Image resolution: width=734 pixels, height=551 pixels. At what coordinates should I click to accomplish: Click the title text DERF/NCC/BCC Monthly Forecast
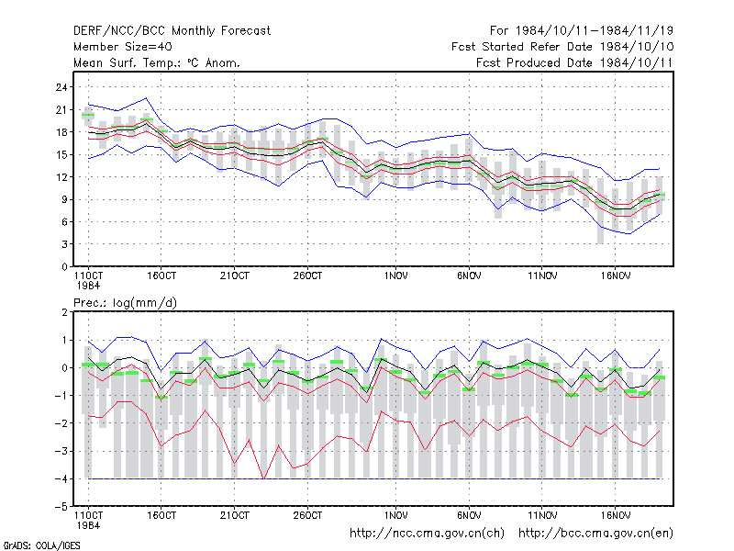click(172, 31)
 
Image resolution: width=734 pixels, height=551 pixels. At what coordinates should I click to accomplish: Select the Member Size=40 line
click(123, 47)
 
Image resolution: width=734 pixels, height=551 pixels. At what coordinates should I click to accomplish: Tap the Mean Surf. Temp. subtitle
click(157, 62)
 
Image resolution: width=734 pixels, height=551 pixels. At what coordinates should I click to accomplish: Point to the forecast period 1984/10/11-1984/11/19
click(582, 31)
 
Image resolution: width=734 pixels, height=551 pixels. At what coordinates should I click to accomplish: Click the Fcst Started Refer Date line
click(562, 47)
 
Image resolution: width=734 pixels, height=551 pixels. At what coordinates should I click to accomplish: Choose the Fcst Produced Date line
click(574, 62)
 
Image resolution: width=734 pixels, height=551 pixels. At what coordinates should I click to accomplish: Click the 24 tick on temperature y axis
click(61, 87)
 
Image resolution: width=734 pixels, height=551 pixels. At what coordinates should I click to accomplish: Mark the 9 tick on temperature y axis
click(64, 199)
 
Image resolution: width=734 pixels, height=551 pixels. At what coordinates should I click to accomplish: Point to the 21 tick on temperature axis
click(61, 109)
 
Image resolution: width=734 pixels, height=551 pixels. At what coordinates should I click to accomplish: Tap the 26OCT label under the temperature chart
click(307, 276)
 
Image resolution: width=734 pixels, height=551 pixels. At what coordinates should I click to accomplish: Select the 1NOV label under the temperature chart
click(395, 276)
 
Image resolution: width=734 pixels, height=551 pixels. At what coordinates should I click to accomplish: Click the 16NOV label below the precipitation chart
click(615, 515)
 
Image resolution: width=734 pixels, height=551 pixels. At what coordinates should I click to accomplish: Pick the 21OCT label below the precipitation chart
click(235, 515)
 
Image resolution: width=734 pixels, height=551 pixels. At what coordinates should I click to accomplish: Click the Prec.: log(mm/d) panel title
click(125, 303)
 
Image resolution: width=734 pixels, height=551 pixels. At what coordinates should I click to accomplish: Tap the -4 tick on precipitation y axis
click(61, 478)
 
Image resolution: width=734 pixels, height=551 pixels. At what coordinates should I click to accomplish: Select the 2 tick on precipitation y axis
click(64, 312)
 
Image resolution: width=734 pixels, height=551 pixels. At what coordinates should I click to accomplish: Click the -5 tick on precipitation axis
click(61, 507)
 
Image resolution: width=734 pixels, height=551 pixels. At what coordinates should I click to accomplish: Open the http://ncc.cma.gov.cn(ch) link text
click(427, 534)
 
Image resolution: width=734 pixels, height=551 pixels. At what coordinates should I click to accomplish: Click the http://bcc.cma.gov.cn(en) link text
click(595, 534)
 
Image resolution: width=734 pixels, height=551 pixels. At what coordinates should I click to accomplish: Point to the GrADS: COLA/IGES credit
click(41, 545)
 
